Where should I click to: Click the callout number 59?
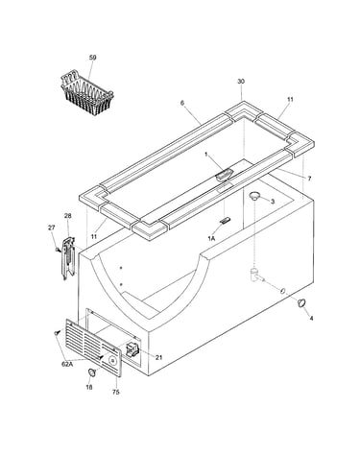(92, 58)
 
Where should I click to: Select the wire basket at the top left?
(87, 93)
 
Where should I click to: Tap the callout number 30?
(241, 82)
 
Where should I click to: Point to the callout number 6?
(182, 103)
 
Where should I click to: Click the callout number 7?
(309, 179)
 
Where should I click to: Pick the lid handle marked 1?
(224, 176)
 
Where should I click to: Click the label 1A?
(211, 238)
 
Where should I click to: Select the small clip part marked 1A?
(225, 220)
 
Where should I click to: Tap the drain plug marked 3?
(254, 196)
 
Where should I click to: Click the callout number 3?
(273, 202)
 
